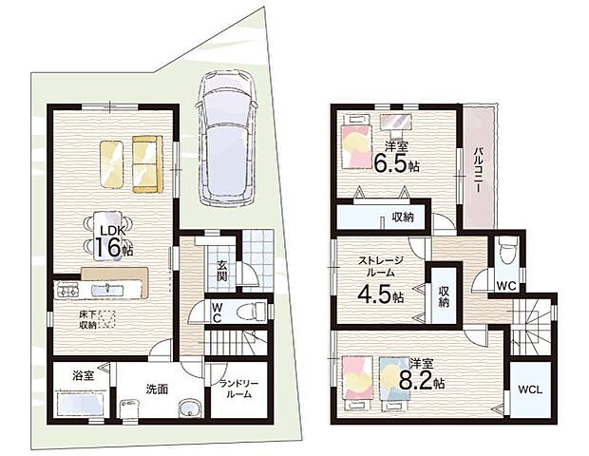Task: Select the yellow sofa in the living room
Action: click(x=147, y=164)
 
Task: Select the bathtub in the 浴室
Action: click(x=81, y=404)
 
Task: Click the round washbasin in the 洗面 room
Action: click(x=189, y=408)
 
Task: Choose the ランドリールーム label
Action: click(x=239, y=389)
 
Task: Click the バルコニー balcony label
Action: click(x=478, y=169)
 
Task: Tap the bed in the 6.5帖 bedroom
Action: click(x=355, y=142)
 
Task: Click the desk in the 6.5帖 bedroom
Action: click(x=396, y=122)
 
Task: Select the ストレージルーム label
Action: click(x=381, y=266)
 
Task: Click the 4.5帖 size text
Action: click(x=381, y=294)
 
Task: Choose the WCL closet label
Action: click(x=530, y=389)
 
